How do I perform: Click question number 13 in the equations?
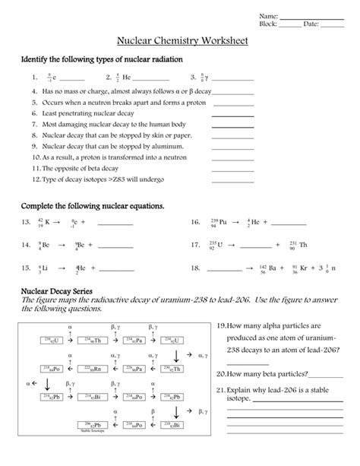click(25, 223)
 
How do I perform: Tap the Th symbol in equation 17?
click(303, 245)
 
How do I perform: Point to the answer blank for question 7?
click(233, 123)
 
